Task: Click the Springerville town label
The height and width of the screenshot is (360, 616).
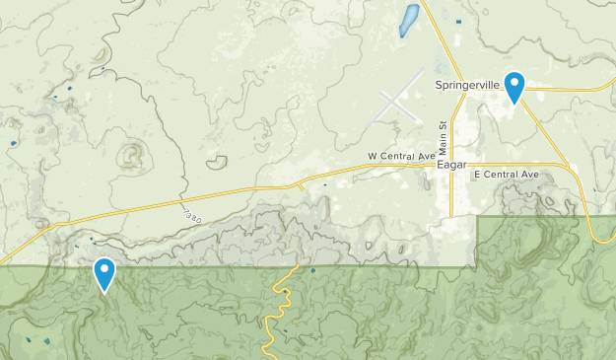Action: tap(468, 86)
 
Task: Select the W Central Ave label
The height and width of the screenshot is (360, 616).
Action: tap(401, 156)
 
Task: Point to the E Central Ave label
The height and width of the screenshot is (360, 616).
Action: tap(507, 175)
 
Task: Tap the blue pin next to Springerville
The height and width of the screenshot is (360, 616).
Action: tap(513, 86)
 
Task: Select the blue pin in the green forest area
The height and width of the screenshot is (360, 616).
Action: tap(104, 273)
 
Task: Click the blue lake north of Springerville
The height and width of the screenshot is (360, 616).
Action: tap(408, 20)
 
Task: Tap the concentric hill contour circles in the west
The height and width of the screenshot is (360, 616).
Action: tap(129, 156)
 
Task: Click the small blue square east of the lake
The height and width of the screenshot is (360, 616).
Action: tap(457, 22)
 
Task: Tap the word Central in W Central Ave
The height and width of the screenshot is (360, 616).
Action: tap(402, 156)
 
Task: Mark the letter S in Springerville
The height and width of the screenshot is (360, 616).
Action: tap(439, 86)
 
